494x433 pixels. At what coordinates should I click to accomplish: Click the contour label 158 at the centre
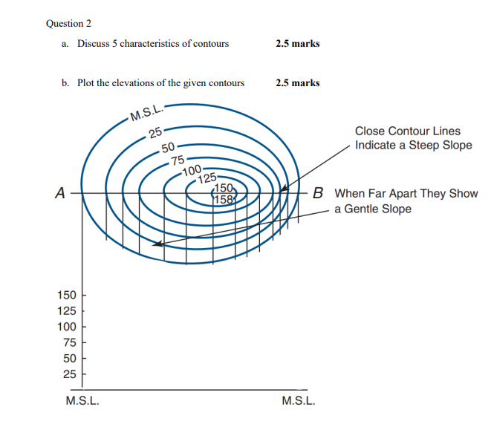(224, 198)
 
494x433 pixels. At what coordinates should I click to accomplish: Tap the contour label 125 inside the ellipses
(207, 178)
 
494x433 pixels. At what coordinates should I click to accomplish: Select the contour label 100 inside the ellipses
(192, 171)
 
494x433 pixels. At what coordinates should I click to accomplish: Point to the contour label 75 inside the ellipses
(178, 160)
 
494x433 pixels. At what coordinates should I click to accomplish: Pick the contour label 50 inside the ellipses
(167, 146)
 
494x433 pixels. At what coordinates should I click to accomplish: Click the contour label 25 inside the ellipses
(155, 134)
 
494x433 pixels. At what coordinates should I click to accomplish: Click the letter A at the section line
(59, 193)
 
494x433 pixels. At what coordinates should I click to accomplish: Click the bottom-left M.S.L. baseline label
(83, 402)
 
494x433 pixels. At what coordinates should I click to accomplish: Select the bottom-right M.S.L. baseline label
(299, 402)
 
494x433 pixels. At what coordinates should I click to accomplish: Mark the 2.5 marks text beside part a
(297, 44)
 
